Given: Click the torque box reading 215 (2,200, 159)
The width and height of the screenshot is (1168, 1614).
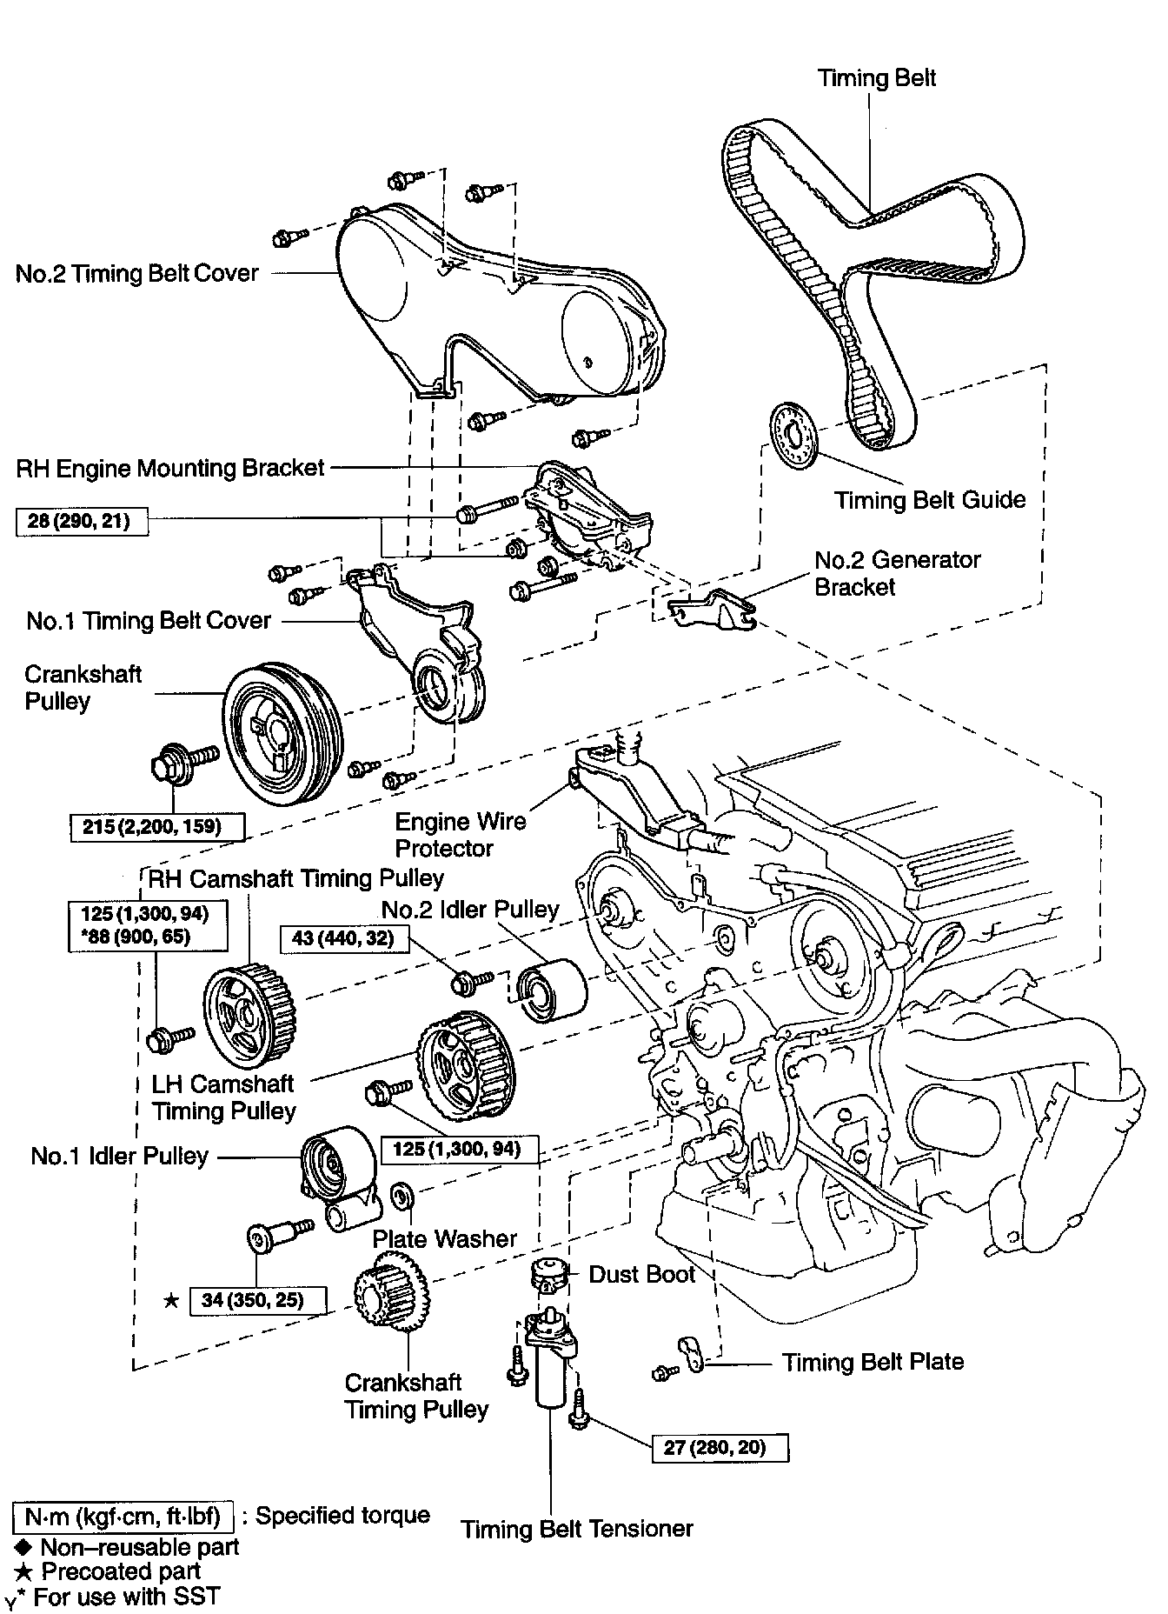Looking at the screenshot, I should [157, 826].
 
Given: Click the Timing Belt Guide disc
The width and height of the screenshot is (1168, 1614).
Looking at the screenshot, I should [795, 436].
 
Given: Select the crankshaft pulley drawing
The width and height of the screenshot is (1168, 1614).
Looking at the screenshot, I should [283, 732].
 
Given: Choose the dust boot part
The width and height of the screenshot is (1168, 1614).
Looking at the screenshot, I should [547, 1276].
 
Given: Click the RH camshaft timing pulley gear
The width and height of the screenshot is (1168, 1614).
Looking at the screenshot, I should [249, 1016].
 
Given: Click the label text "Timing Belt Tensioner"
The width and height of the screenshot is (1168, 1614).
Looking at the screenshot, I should [577, 1552].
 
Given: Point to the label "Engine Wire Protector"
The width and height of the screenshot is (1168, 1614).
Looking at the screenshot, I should [460, 835].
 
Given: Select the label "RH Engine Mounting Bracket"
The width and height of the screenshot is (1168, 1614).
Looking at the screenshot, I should [170, 468].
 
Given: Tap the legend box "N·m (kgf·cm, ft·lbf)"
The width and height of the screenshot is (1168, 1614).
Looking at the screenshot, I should [123, 1516].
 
